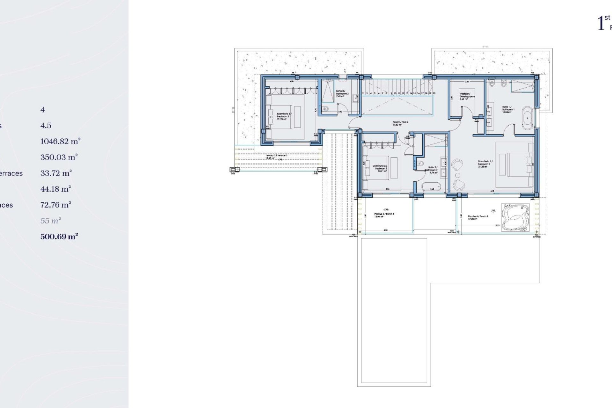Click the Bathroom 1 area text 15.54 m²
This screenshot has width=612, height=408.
tap(506, 112)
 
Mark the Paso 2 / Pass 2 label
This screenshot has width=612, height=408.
tap(400, 122)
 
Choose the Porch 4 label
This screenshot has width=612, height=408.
tap(478, 216)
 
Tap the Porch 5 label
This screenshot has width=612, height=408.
tap(384, 214)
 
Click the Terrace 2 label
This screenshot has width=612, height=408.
tap(276, 156)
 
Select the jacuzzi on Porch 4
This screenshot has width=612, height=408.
tap(515, 217)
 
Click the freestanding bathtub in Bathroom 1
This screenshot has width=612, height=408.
tap(528, 118)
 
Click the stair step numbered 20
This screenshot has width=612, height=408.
tap(434, 93)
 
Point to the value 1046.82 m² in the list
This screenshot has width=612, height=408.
tap(60, 141)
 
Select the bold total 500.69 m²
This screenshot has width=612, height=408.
tap(59, 237)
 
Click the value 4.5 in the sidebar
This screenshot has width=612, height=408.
tap(46, 126)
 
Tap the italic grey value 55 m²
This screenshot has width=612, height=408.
tap(50, 221)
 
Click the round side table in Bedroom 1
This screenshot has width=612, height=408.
tap(458, 175)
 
